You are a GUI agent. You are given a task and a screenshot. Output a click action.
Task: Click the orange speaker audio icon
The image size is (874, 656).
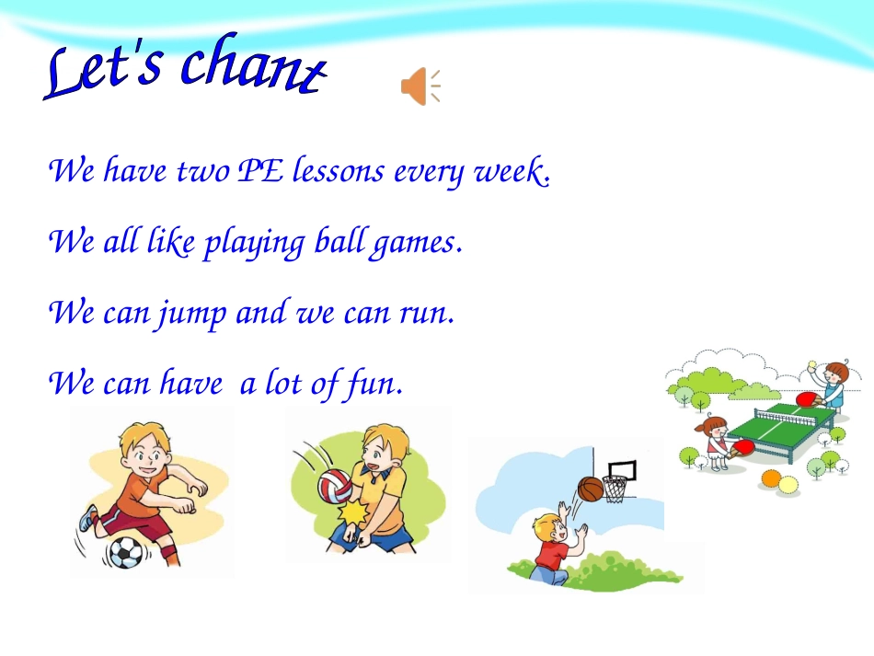pyautogui.click(x=419, y=86)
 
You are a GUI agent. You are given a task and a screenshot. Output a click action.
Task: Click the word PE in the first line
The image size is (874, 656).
pyautogui.click(x=260, y=171)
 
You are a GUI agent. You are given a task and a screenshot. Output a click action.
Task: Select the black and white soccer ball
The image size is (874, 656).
pyautogui.click(x=125, y=552)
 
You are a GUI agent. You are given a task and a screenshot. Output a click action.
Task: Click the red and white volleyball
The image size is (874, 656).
pyautogui.click(x=334, y=486)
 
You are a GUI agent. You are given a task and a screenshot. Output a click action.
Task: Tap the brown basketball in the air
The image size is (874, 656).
pyautogui.click(x=591, y=489)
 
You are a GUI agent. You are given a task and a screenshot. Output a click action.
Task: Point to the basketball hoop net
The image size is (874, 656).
pyautogui.click(x=615, y=488)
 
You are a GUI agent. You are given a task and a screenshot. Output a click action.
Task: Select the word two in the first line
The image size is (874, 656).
pyautogui.click(x=203, y=171)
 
